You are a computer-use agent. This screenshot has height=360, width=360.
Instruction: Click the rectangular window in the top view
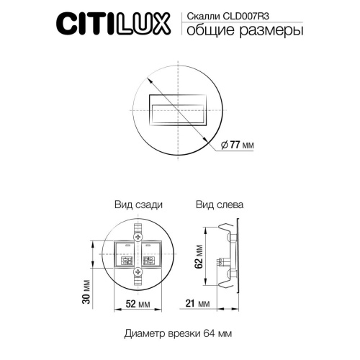[177, 112]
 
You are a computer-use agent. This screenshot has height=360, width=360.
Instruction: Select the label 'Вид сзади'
[138, 204]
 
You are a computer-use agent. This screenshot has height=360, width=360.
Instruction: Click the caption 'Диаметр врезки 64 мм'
[177, 334]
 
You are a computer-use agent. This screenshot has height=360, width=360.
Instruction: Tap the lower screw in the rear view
[138, 271]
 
